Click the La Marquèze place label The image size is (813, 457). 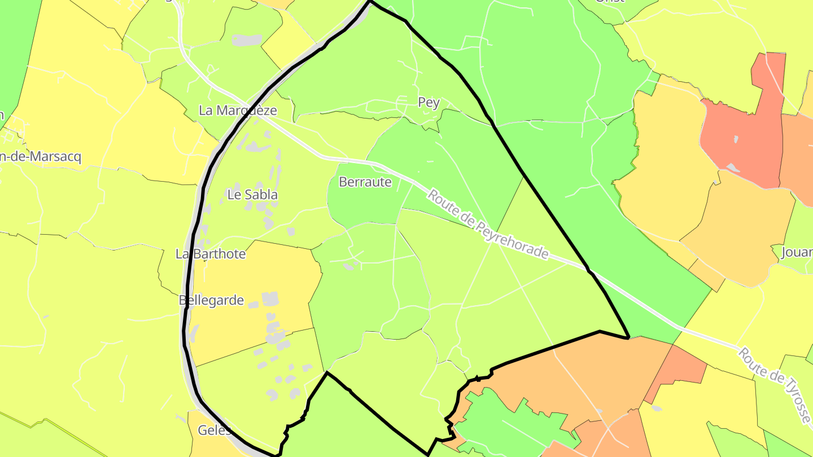[238, 111]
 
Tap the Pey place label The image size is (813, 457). [429, 102]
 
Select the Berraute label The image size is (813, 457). [365, 182]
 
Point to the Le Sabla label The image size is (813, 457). [252, 195]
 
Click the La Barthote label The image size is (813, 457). [211, 254]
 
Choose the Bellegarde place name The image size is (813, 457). [211, 300]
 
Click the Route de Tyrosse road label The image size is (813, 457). [774, 386]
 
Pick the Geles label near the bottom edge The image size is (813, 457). [215, 430]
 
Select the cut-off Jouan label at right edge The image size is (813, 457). [797, 252]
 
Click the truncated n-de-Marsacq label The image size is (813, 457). [41, 157]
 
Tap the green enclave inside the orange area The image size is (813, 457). [502, 423]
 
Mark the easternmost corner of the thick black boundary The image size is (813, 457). [628, 338]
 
